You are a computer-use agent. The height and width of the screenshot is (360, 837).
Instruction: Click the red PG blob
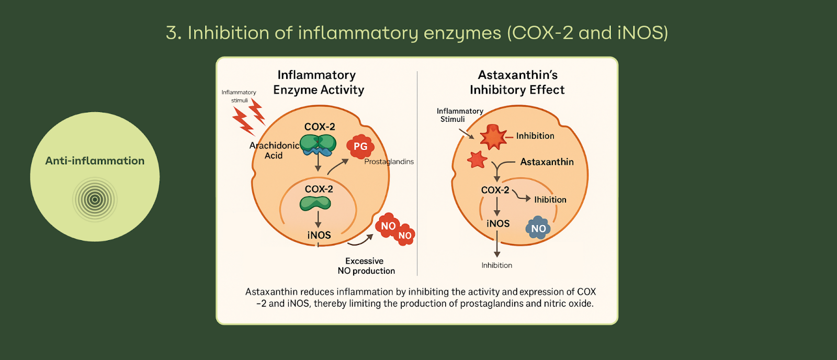coord(360,147)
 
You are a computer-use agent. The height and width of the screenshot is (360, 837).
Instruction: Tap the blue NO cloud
coord(538,228)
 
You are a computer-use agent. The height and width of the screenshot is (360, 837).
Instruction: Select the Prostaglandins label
coord(389,162)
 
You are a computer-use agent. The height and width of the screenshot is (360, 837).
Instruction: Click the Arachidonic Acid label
coord(274,150)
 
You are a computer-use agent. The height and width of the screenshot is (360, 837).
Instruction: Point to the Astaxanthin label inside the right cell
coord(547,162)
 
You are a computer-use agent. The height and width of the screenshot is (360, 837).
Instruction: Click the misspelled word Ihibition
coord(550,200)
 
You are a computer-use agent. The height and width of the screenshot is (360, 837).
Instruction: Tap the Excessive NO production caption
coord(366,266)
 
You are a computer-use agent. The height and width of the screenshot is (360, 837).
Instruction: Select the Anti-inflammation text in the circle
coord(95,161)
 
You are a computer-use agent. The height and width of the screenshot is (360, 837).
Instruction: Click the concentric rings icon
coord(95,199)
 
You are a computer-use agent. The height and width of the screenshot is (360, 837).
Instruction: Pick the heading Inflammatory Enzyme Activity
coord(318,82)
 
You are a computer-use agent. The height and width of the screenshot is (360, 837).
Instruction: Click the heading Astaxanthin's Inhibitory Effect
coord(517,82)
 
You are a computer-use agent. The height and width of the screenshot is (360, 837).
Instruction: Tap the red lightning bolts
coord(248,117)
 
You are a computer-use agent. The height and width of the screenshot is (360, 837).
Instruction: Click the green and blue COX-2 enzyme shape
coord(318,144)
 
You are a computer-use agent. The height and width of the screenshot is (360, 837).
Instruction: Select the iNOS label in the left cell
coord(319,235)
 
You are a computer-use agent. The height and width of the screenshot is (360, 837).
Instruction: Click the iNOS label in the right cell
coord(497,224)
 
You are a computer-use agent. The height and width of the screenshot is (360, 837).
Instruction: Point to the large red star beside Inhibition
coord(493,137)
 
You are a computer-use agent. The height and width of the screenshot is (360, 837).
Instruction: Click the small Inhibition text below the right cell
coord(496,265)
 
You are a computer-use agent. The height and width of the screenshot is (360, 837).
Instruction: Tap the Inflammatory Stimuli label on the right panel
coord(459,115)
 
